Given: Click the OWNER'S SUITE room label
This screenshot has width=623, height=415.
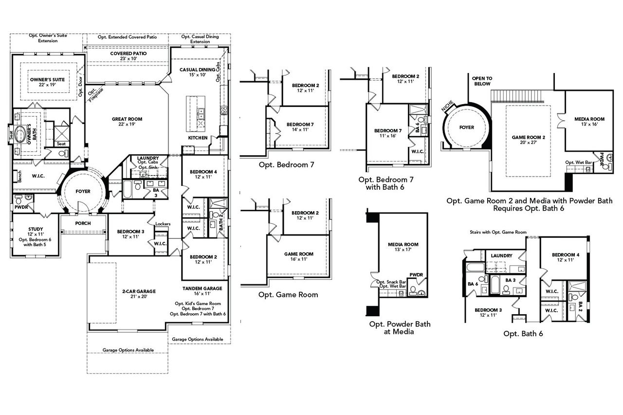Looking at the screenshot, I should [x=47, y=79].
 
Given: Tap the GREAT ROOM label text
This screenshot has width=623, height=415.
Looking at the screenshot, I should [x=123, y=119].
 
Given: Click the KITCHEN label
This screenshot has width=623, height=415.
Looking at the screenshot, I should [x=198, y=138].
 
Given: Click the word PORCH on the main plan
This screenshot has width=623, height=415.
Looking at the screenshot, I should [x=83, y=223].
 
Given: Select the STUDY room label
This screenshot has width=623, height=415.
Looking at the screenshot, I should [x=36, y=229].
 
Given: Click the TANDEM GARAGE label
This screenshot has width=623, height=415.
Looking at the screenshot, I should [x=202, y=289].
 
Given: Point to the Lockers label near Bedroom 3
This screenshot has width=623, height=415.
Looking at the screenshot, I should [x=163, y=224].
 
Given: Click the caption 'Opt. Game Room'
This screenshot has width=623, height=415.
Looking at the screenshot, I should [x=288, y=294].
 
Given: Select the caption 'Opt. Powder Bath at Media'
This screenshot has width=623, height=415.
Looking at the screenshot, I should [x=400, y=328].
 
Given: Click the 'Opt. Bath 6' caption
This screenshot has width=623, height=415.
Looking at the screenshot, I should [x=523, y=333].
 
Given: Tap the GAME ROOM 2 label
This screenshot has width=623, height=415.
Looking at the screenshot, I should [x=528, y=138].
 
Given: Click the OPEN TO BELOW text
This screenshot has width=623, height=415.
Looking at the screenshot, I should [x=482, y=81].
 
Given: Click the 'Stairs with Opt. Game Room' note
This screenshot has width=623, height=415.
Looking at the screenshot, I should [x=498, y=232].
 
